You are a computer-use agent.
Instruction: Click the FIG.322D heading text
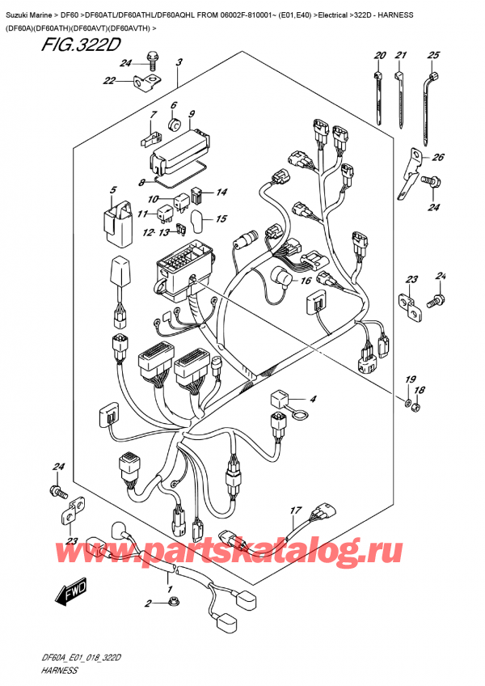click(80, 44)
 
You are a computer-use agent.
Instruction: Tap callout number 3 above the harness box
click(179, 62)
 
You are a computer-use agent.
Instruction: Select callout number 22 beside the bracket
click(109, 81)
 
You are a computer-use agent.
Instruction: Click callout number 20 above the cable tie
click(380, 55)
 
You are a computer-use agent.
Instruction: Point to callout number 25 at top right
click(433, 55)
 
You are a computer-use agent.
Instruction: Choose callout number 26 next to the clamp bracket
click(438, 157)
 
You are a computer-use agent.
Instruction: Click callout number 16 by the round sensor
click(306, 280)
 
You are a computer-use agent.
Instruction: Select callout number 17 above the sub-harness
click(296, 510)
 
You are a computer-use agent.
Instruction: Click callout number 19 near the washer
click(410, 379)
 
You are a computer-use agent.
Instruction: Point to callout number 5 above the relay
click(113, 190)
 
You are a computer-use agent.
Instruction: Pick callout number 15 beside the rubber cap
click(221, 218)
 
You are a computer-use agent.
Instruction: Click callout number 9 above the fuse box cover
click(191, 115)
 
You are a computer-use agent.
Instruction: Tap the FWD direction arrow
click(71, 592)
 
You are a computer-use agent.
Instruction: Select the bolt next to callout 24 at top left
click(153, 60)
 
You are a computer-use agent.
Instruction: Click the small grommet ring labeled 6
click(175, 124)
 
